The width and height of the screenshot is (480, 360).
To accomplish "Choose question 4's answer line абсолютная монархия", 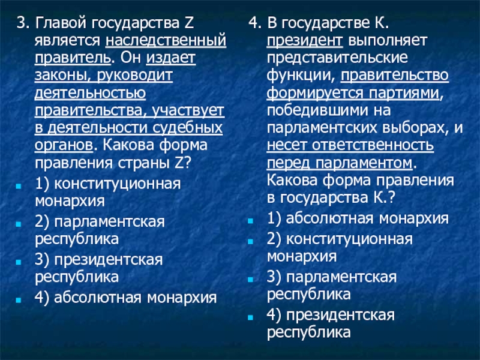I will pyautogui.click(x=358, y=218).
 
